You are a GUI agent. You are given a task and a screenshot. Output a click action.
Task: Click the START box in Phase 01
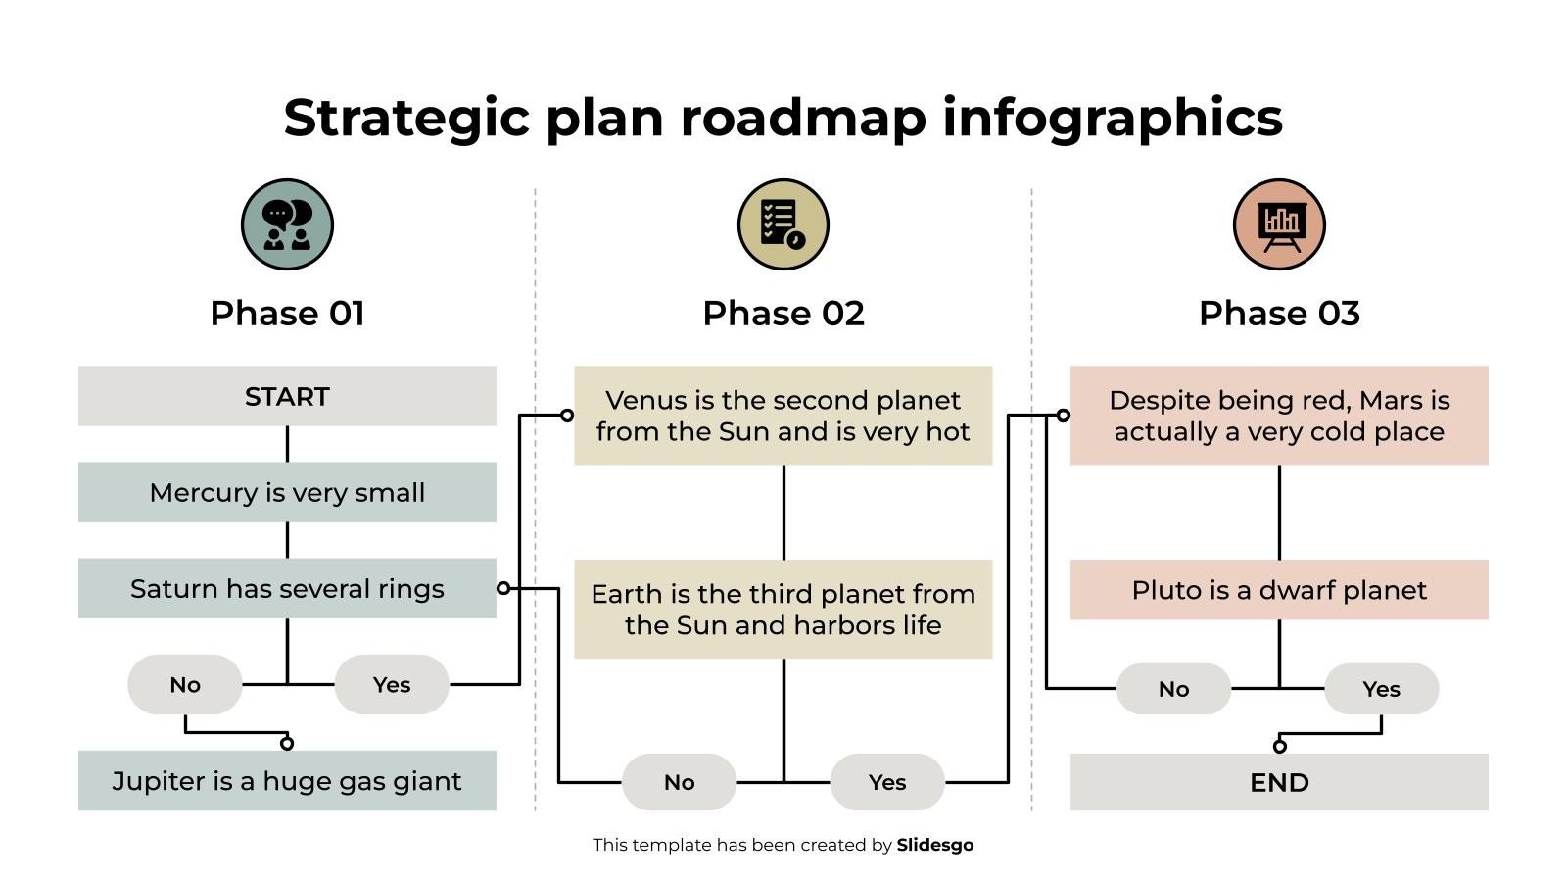[287, 396]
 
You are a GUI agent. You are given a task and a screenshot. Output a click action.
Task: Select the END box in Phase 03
[1279, 782]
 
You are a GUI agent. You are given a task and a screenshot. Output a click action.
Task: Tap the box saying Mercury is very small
[287, 492]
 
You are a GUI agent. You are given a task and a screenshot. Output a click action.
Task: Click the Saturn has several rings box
[287, 588]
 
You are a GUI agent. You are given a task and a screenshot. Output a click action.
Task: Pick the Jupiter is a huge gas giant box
[287, 780]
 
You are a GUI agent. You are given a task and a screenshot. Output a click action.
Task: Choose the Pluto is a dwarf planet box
[1279, 590]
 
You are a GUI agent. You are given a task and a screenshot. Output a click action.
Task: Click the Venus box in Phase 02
[783, 416]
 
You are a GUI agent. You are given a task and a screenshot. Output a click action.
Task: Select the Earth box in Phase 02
[783, 609]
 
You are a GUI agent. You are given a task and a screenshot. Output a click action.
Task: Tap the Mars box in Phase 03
[1279, 416]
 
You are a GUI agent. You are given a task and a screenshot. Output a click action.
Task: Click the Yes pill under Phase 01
[392, 684]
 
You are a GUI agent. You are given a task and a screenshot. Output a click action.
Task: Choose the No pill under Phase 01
[185, 684]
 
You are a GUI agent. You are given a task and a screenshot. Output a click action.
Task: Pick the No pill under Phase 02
[679, 782]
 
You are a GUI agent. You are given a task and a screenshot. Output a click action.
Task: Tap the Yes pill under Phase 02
[887, 782]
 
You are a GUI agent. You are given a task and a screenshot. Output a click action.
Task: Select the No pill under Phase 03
[1173, 689]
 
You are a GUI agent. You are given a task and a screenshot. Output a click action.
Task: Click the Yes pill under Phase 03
[1381, 689]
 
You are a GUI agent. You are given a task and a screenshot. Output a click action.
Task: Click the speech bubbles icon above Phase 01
[287, 224]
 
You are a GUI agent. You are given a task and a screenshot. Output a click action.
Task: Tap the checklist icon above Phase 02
[783, 224]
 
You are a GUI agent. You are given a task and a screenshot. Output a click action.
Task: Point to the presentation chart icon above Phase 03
[1279, 224]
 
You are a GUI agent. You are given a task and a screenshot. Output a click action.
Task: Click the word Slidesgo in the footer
[934, 845]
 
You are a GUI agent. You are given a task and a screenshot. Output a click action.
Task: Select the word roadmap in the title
[802, 118]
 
